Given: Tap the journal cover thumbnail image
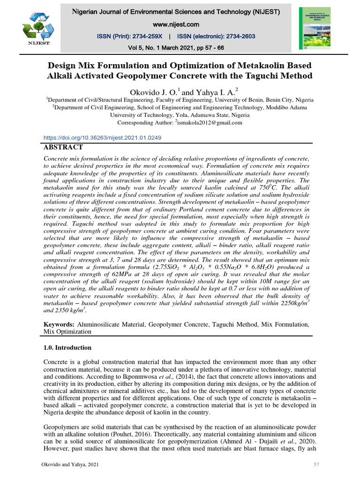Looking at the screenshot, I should tap(314, 28).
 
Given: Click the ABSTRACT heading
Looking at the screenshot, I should tap(63, 147).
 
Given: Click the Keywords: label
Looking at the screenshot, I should tap(58, 324).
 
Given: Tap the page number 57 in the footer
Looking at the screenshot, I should tap(315, 464).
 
